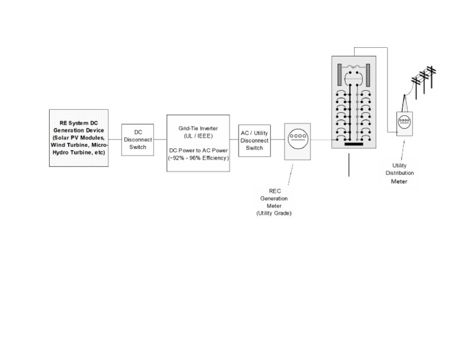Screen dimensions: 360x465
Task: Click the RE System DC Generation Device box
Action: point(79,138)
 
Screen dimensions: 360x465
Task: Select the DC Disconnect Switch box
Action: point(137,140)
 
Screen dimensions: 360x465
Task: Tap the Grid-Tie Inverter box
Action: point(198,142)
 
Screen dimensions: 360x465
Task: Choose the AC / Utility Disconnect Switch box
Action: point(254,140)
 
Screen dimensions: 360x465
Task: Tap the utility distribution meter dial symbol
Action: point(404,122)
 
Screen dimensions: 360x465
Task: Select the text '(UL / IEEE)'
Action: point(198,136)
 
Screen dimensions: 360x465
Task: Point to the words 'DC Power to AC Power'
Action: point(198,150)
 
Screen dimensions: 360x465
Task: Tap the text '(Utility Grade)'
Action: point(274,213)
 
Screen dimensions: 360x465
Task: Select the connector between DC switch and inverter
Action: point(160,140)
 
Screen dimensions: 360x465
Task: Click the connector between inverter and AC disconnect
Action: point(234,140)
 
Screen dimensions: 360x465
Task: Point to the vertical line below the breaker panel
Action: point(349,165)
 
